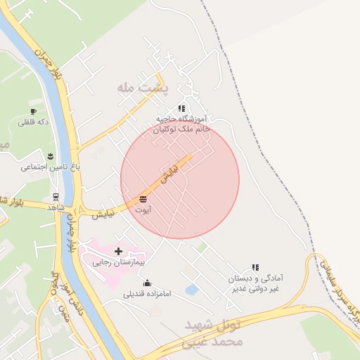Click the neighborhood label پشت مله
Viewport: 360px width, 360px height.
point(143,88)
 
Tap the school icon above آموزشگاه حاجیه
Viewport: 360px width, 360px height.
point(181,109)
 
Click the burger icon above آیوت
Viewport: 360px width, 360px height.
point(143,200)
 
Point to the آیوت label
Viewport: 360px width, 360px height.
point(143,210)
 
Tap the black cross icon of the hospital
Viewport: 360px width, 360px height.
point(118,251)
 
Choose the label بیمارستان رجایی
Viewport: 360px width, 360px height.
point(118,262)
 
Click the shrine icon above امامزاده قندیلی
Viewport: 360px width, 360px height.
point(147,283)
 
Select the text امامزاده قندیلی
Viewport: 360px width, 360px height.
point(147,295)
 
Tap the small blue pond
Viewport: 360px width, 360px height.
point(191,289)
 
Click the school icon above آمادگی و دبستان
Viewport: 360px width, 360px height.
point(255,267)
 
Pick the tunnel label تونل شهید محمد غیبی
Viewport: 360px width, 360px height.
point(214,333)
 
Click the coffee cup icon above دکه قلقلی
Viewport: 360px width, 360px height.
point(33,111)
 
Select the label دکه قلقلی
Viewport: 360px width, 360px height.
point(33,122)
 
